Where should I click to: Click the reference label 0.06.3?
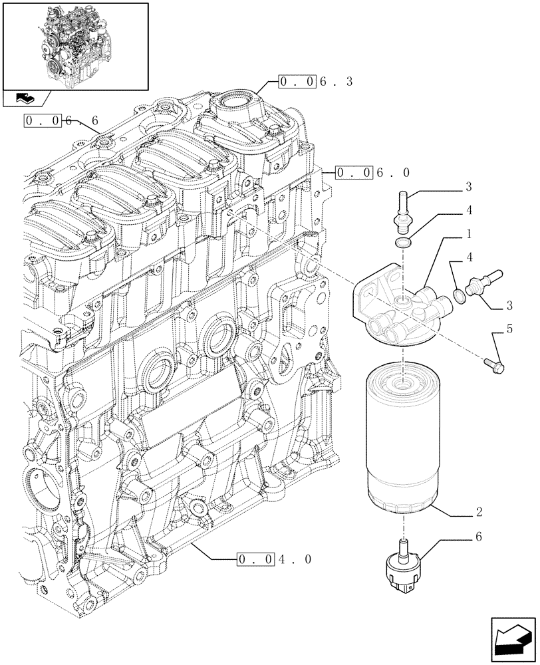click(x=315, y=82)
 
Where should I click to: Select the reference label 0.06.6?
click(x=61, y=120)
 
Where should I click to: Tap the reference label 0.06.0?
click(x=372, y=173)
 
